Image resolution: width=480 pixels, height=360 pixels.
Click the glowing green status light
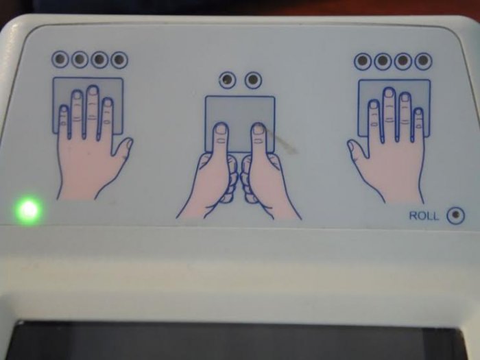28,210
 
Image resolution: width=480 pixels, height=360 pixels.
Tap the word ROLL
424,216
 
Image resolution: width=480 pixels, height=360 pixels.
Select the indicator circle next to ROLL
455,215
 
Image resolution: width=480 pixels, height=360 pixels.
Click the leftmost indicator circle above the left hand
60,59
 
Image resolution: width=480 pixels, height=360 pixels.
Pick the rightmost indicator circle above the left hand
119,60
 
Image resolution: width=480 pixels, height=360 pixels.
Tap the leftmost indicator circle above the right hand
363,61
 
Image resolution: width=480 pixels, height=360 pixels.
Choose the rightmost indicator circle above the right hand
423,61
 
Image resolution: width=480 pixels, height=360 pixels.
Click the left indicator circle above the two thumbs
228,80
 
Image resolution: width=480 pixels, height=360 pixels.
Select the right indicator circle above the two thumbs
253,80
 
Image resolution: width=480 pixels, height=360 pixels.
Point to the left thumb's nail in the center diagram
221,130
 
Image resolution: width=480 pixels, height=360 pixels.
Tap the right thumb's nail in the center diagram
259,130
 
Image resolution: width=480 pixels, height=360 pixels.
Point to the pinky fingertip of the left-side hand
63,110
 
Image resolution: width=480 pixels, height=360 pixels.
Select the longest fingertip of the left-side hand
93,91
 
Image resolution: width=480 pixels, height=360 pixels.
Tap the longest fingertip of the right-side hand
389,93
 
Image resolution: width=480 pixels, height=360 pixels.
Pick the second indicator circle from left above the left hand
80,59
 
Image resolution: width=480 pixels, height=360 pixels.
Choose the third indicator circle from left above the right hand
403,61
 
